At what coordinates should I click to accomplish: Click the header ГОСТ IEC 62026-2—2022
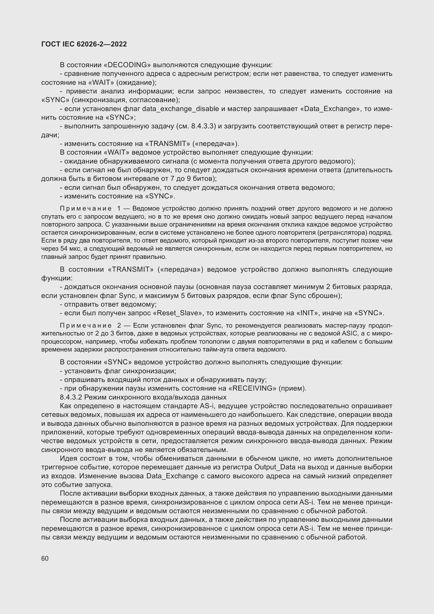[84, 44]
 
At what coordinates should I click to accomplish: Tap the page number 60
[45, 558]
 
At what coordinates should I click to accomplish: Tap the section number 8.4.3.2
[71, 397]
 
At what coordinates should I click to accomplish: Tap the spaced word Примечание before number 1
[86, 209]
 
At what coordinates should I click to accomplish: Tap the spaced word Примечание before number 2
[86, 326]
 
